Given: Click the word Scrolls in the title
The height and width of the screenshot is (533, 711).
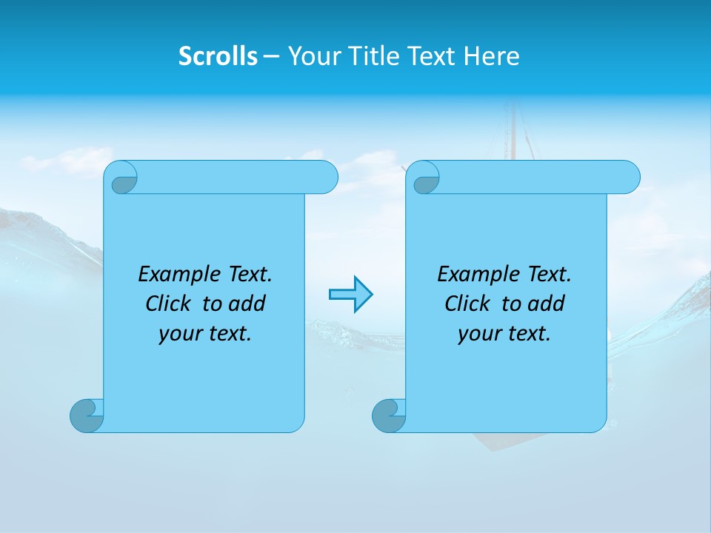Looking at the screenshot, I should [218, 56].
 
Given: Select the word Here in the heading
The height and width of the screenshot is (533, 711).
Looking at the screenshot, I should [492, 56].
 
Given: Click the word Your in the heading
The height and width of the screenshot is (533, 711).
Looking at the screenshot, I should [311, 56].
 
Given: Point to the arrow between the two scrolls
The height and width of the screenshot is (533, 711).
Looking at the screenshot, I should [350, 295].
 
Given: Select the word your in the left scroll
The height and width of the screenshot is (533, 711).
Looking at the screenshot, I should [178, 334].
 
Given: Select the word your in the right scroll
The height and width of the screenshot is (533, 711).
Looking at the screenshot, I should [478, 334].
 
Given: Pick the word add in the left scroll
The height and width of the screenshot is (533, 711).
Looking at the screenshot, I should [247, 304].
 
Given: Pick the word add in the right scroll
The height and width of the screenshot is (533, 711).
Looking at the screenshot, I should [547, 304].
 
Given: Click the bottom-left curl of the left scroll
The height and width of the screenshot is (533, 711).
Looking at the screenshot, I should [87, 415].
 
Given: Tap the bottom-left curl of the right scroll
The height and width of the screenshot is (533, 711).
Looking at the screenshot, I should [389, 415].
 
